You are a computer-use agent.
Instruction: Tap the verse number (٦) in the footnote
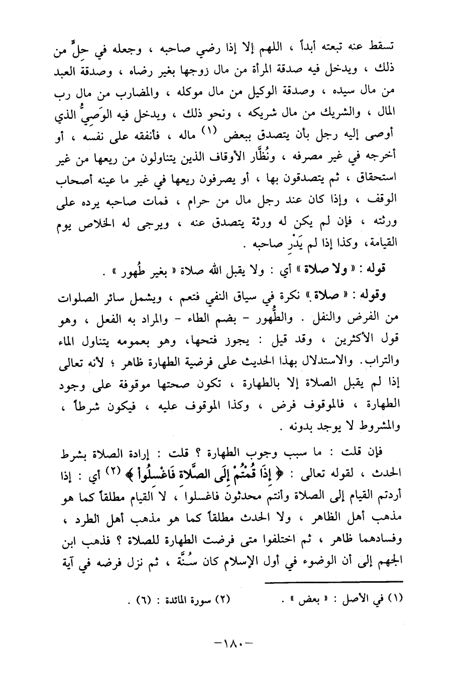tap(145, 599)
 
